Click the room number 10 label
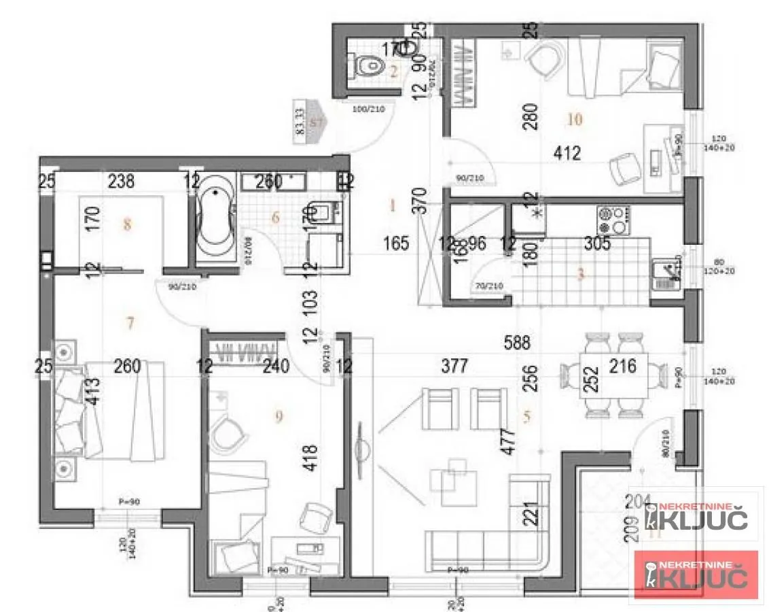(x=575, y=120)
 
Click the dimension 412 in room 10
(x=567, y=154)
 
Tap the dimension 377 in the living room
(x=454, y=367)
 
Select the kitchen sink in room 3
(x=666, y=274)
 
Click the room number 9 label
(x=279, y=418)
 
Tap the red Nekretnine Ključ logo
(x=696, y=575)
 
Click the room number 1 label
(x=392, y=204)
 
